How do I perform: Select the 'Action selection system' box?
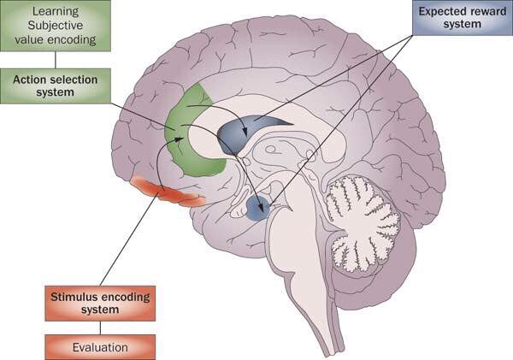[55, 86]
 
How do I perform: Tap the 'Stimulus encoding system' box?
[99, 303]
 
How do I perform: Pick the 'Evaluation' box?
[99, 347]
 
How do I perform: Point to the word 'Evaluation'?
[99, 347]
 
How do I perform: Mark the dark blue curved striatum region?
[244, 133]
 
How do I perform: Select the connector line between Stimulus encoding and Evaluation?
[99, 328]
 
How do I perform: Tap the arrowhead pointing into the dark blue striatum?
[246, 133]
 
